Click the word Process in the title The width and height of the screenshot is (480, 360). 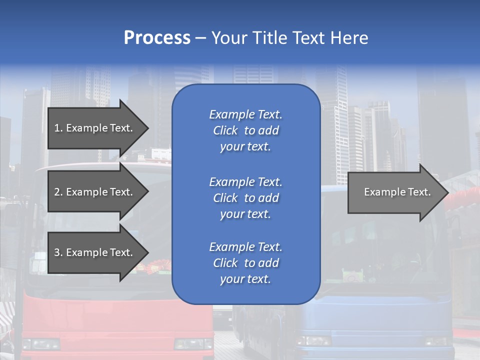tap(157, 38)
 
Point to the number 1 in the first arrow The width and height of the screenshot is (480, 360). tap(57, 128)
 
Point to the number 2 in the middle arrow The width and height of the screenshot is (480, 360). tap(57, 192)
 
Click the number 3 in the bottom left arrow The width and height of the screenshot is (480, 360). tap(57, 252)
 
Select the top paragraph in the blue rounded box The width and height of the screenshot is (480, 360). tap(245, 130)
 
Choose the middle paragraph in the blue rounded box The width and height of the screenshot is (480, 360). tap(245, 198)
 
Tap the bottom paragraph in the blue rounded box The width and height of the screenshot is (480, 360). tap(245, 263)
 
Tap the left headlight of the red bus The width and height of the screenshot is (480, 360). tap(41, 344)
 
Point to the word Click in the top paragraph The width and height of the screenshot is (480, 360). tap(225, 130)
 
